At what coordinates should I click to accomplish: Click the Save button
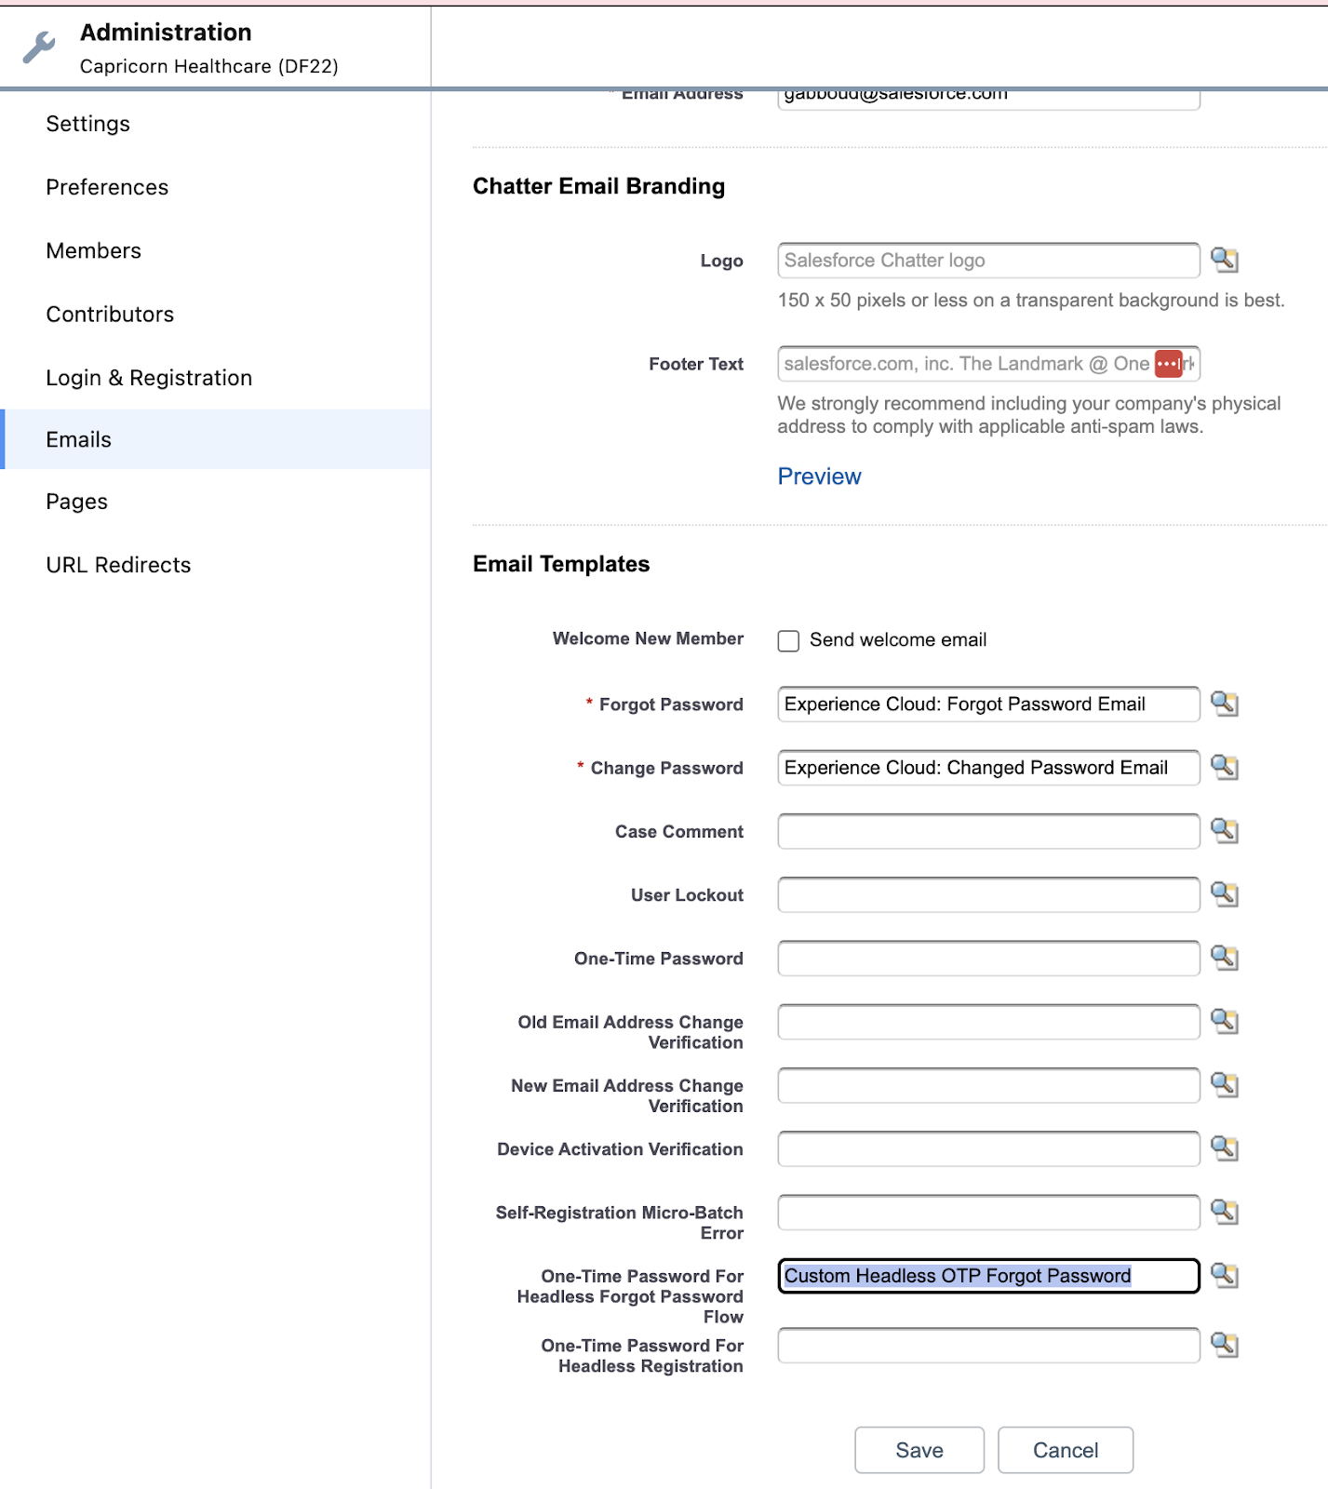919,1450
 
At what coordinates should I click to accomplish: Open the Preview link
819,476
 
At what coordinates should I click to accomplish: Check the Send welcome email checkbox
788,640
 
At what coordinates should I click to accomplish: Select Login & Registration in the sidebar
149,378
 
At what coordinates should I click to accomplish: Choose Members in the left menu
93,251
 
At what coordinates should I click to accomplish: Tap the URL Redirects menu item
118,565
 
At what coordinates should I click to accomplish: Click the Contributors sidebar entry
110,315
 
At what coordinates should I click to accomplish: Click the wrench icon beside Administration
39,47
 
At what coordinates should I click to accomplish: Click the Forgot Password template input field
987,704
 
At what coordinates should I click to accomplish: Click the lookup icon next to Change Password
1224,768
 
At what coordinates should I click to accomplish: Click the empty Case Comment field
987,831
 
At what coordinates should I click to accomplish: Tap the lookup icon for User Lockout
1224,894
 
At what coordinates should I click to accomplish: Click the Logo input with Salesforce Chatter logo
987,261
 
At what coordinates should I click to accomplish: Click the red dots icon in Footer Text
1168,364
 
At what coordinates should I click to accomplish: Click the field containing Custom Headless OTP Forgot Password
987,1276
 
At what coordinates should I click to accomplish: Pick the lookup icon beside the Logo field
1224,261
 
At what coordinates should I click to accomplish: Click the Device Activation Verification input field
987,1149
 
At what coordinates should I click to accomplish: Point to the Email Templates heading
561,564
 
